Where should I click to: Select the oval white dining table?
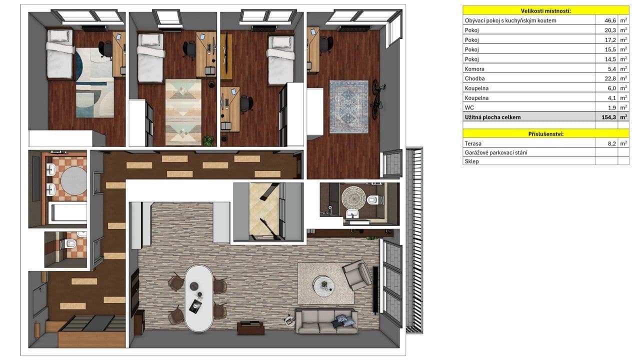point(198,297)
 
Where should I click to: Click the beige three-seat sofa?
point(326,321)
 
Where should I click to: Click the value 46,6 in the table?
point(607,20)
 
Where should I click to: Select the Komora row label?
point(474,69)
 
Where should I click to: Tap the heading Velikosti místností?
point(545,10)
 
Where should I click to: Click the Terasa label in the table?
point(473,143)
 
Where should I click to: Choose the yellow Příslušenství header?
point(545,134)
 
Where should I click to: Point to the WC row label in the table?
point(470,107)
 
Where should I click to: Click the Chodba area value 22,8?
point(607,78)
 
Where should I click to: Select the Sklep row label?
point(472,161)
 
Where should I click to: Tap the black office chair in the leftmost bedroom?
point(105,48)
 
